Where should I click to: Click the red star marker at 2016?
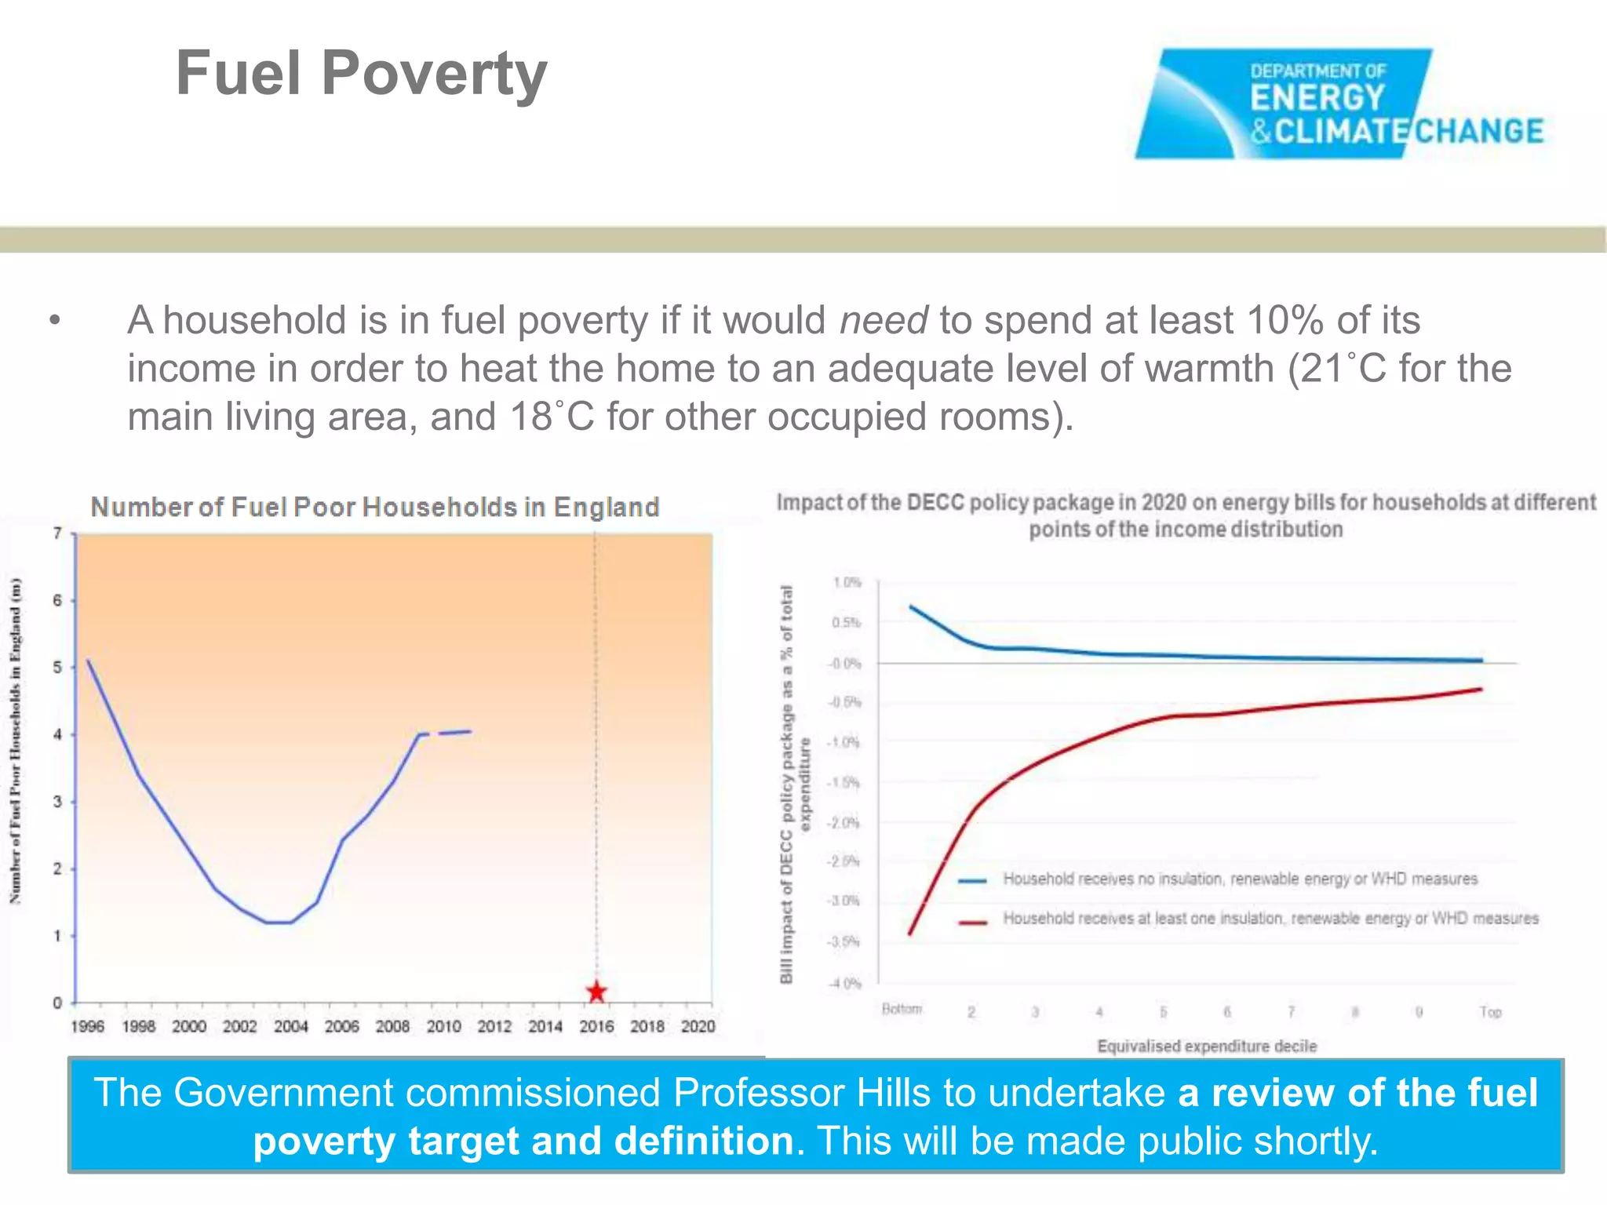[x=596, y=992]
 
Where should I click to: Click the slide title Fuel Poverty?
[x=361, y=73]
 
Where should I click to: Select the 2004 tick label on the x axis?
[x=290, y=1026]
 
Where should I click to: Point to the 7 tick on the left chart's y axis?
[x=57, y=533]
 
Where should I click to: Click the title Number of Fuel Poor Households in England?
[x=375, y=507]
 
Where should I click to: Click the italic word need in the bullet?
[x=884, y=321]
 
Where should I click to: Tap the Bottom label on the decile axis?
[x=902, y=1009]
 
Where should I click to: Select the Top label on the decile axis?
[x=1490, y=1012]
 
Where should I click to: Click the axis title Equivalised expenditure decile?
[x=1206, y=1046]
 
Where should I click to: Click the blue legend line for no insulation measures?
[x=972, y=880]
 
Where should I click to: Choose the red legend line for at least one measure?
[x=972, y=922]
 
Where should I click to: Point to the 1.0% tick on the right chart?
[x=847, y=582]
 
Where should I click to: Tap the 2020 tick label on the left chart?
[x=698, y=1026]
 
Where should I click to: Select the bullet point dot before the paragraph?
[x=54, y=320]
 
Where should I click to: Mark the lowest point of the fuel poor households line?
[x=279, y=923]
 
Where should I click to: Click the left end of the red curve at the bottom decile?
[x=909, y=934]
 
